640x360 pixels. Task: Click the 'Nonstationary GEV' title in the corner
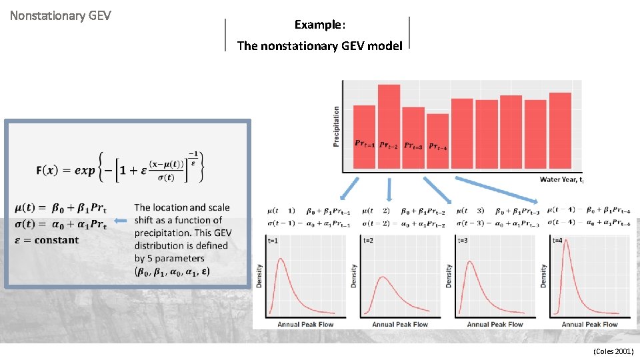60,15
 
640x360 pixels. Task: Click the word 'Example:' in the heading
319,25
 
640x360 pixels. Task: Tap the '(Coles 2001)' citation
613,351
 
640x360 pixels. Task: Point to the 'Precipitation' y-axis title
337,127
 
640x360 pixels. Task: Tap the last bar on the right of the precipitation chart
560,131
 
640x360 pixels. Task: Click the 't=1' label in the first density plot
273,241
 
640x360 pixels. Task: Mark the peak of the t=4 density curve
566,241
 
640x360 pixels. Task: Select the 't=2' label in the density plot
369,241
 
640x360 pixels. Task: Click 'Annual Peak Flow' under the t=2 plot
400,324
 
